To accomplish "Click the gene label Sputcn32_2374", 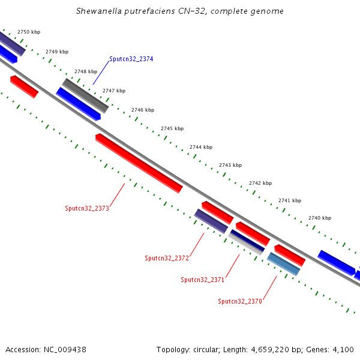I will pos(131,59).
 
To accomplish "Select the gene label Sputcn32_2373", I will pos(87,209).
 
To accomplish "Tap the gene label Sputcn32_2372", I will pos(167,258).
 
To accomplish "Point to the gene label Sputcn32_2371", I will pos(202,280).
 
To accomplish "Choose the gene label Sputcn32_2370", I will pos(239,301).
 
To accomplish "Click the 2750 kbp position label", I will pos(29,32).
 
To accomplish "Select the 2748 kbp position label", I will pos(86,71).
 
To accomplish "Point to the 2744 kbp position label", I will pos(201,147).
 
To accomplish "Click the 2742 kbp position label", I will pos(260,183).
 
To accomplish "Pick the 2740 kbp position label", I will pos(320,218).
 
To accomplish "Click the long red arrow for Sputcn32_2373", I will pos(139,163).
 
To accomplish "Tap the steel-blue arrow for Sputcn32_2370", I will pos(283,264).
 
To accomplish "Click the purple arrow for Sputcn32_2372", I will pos(211,221).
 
